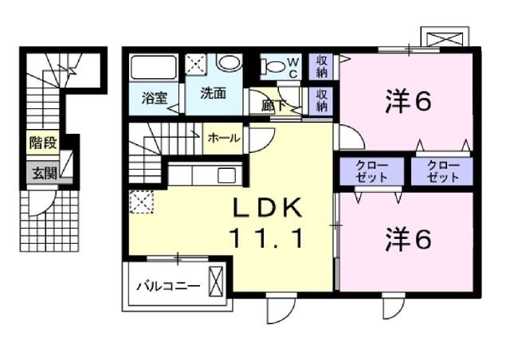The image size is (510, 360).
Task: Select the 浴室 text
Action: coord(154,99)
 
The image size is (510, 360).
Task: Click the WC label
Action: coord(293,66)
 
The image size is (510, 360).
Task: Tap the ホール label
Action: coord(224,138)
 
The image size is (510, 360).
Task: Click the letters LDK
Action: coord(267,209)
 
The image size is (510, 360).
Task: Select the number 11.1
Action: coord(267,237)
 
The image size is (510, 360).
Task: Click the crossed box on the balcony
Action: coord(215,280)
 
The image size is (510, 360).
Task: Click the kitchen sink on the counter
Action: coord(225,175)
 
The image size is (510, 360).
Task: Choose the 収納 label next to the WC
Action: coord(320,66)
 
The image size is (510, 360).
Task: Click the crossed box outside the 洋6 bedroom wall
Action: coord(443,37)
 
